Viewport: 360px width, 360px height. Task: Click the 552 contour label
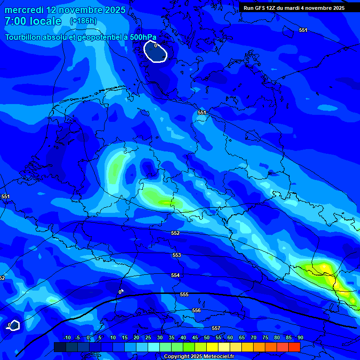coord(175,233)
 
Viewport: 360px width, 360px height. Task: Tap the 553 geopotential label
coord(177,255)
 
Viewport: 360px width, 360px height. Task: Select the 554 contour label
coord(175,276)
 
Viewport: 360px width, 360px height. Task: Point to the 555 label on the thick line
coord(184,294)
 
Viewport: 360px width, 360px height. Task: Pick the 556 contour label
coord(196,311)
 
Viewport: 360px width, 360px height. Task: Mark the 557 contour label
coord(216,328)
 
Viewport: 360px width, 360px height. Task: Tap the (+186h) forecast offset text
coord(83,21)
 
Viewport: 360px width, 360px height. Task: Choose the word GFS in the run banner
coord(262,8)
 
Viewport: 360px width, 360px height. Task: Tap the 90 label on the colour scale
coord(300,337)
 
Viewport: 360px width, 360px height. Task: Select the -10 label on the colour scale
coord(67,337)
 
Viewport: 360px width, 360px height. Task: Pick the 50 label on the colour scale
coord(207,337)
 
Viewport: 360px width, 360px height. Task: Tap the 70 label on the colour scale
coord(254,337)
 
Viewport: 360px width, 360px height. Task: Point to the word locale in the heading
coord(45,21)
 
